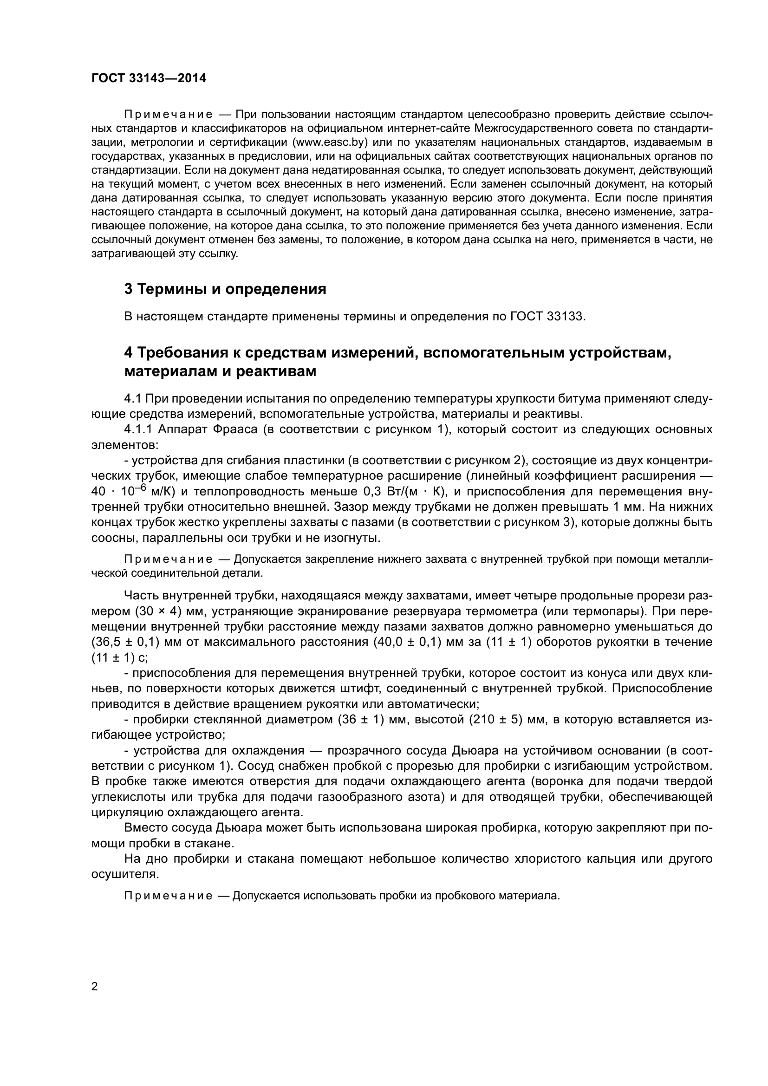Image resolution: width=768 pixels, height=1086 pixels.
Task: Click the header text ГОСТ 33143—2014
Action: point(149,78)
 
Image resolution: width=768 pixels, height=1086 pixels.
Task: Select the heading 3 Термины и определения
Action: point(225,289)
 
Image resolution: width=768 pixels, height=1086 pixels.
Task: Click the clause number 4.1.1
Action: point(138,429)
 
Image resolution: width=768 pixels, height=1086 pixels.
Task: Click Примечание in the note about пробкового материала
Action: point(168,896)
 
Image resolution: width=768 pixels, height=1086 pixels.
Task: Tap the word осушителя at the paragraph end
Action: point(124,874)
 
